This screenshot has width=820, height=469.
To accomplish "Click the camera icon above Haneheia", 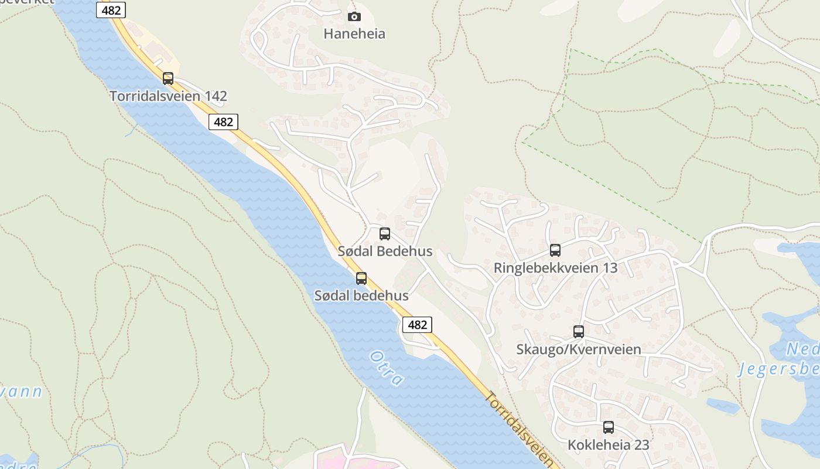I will point(354,17).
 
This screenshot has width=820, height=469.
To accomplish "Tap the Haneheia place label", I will point(354,33).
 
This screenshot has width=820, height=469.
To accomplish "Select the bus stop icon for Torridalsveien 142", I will point(168,78).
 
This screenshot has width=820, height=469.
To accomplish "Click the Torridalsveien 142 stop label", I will point(168,96).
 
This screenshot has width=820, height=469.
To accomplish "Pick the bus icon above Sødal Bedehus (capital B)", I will point(385,234).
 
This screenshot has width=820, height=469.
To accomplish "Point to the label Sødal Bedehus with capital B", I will point(385,252).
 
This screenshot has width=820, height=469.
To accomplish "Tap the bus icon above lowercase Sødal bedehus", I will point(361,278).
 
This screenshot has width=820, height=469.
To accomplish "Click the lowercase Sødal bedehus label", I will point(361,295).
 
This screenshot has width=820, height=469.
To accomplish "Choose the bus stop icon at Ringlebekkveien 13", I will point(555,250).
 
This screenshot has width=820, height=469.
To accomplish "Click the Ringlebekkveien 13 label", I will point(555,268).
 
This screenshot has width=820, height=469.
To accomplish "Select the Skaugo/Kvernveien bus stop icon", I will point(579,332).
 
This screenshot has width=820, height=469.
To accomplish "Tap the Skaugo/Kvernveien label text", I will point(579,349).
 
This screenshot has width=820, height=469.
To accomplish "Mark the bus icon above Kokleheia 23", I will point(609,427).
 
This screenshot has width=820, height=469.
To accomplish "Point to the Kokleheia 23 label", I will point(609,445).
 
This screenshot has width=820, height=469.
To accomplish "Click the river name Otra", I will point(387,368).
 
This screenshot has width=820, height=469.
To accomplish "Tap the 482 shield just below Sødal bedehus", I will point(417,324).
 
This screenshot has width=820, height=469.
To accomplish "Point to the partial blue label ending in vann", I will point(21,392).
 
